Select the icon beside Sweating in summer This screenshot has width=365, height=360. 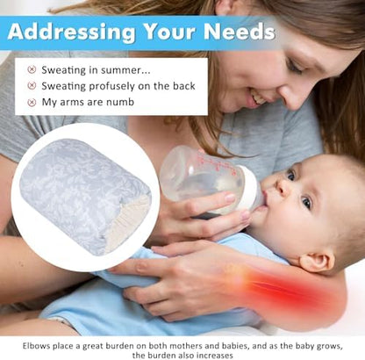point(32,69)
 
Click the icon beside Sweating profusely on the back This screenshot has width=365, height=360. point(32,85)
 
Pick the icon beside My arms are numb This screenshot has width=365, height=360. point(32,102)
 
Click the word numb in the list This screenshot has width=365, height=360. point(114,102)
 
